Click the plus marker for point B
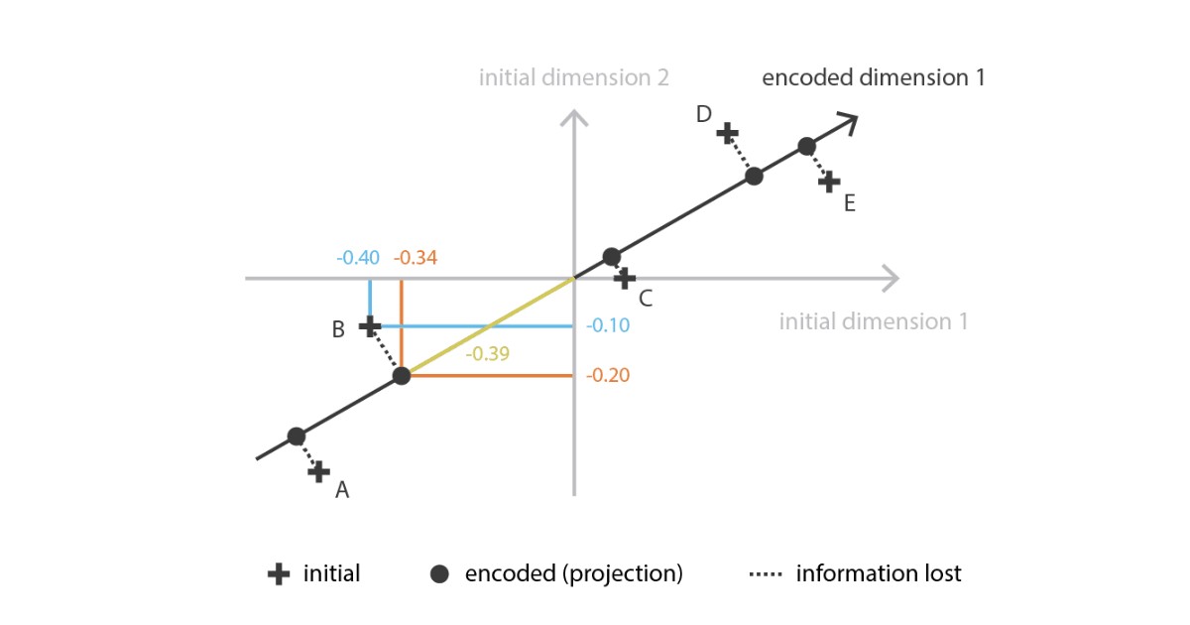[x=369, y=325]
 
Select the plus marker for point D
[x=727, y=132]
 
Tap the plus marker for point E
[x=830, y=183]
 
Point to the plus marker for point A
[x=318, y=472]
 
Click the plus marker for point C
[x=624, y=279]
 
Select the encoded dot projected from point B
[x=402, y=376]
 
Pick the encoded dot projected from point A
[x=296, y=437]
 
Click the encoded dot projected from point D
[x=754, y=177]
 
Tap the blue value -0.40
[x=357, y=258]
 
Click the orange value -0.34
[x=416, y=258]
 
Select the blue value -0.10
[x=607, y=325]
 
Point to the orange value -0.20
[x=607, y=376]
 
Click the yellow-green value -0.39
[x=487, y=352]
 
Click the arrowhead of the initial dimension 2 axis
[x=574, y=117]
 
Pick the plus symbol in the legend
[x=281, y=573]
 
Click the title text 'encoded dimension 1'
[x=873, y=77]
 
